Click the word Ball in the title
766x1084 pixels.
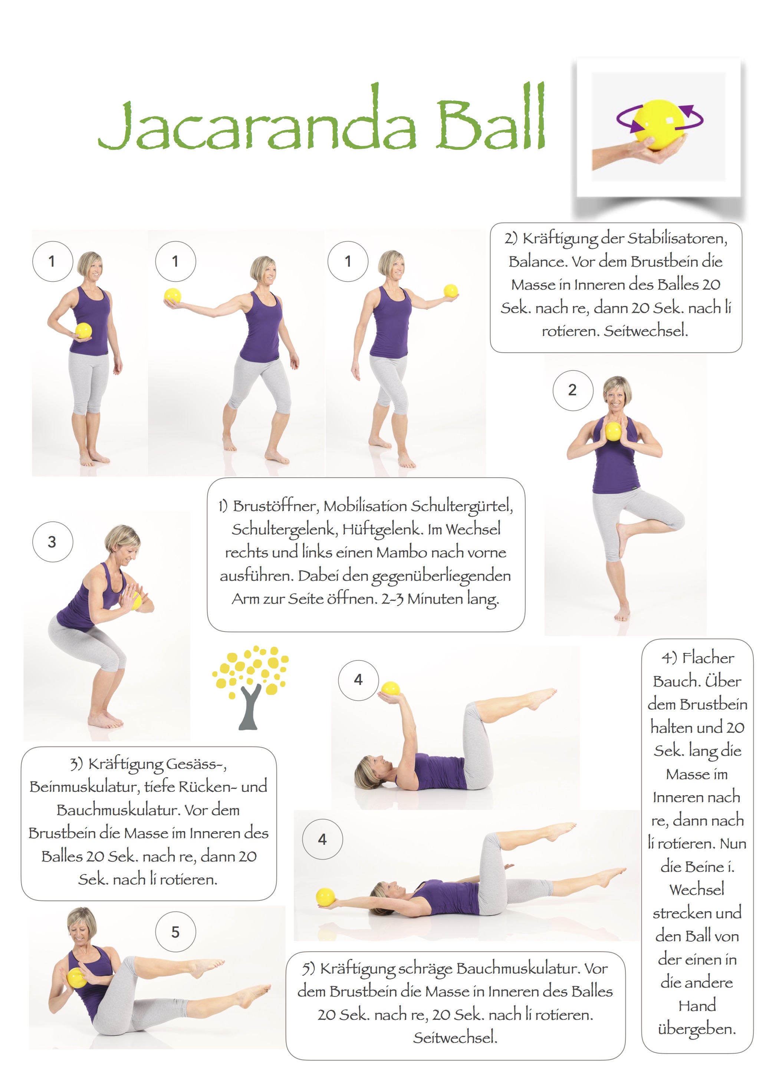click(491, 116)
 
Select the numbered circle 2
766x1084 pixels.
click(573, 391)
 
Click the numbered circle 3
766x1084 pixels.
click(52, 541)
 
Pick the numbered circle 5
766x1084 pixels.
click(175, 932)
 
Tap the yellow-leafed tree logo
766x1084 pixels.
click(250, 687)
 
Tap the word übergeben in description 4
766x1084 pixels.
click(697, 1029)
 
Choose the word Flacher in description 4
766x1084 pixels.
click(709, 657)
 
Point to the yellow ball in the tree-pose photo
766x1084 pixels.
click(613, 431)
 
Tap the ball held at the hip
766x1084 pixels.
click(83, 330)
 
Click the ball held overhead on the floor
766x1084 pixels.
click(325, 897)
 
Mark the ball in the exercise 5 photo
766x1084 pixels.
click(77, 977)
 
